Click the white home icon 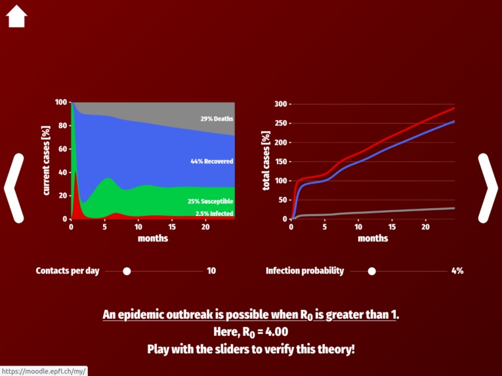click(16, 16)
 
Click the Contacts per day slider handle click(127, 271)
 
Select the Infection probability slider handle click(372, 271)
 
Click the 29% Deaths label click(217, 119)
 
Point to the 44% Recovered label click(211, 161)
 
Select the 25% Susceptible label click(210, 201)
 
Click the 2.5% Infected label click(214, 213)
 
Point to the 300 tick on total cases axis click(281, 104)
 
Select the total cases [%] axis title click(266, 161)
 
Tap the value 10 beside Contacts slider click(211, 271)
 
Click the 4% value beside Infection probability click(457, 271)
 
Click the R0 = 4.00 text click(251, 332)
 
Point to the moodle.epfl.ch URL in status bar click(43, 371)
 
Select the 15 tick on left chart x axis click(171, 227)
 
